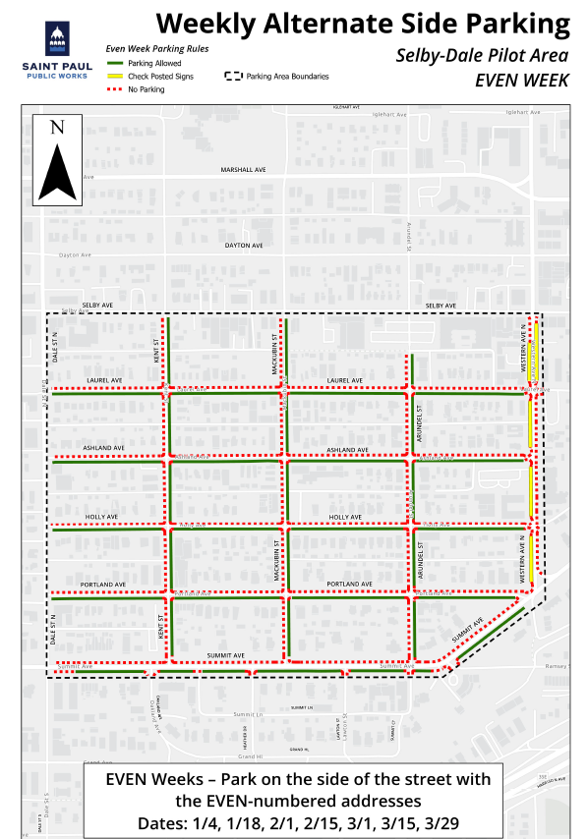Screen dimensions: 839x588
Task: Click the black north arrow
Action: (57, 169)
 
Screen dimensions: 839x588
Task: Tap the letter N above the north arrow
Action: (57, 127)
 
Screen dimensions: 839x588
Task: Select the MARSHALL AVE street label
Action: (244, 169)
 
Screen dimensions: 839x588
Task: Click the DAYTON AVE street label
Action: (244, 245)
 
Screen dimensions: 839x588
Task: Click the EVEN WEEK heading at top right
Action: (522, 81)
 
